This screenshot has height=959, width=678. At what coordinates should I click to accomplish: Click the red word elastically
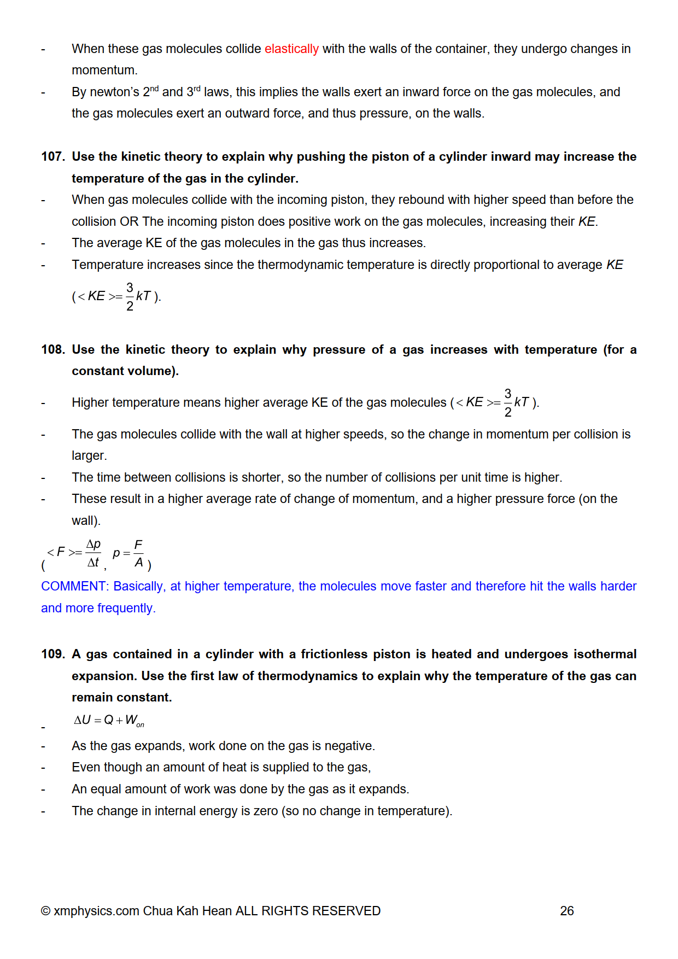click(x=291, y=49)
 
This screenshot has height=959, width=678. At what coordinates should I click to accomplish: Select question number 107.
click(x=52, y=157)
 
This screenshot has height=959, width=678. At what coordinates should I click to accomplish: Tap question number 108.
click(x=52, y=350)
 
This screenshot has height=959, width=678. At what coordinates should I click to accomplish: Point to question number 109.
click(x=52, y=654)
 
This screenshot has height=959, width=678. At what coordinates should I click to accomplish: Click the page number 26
click(x=566, y=911)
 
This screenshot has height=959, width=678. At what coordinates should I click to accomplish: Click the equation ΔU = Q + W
click(x=109, y=721)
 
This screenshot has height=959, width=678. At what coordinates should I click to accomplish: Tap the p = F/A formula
click(x=129, y=553)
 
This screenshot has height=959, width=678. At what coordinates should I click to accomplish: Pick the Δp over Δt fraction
click(x=93, y=553)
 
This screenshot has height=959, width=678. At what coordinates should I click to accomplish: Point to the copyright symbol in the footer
click(x=46, y=911)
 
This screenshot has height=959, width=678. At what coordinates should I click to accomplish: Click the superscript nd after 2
click(x=154, y=89)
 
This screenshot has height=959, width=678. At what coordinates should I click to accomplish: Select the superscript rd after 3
click(x=197, y=89)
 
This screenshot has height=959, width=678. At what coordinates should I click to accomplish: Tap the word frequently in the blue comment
click(x=126, y=609)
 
